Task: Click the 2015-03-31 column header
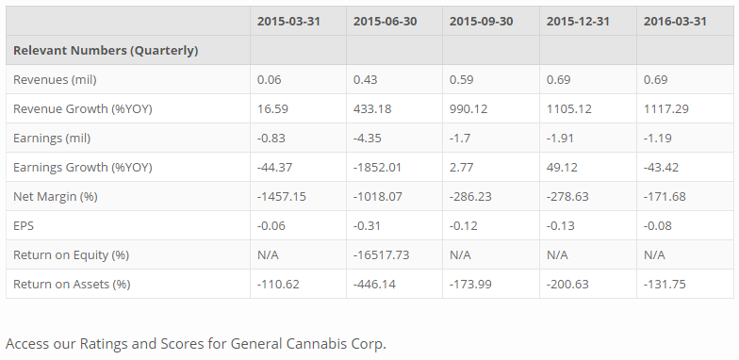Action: click(x=288, y=21)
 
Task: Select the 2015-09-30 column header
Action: click(x=482, y=21)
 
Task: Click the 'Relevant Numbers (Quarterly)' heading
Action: click(x=106, y=50)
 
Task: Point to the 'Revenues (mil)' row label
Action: click(x=54, y=79)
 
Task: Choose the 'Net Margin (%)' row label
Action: click(x=56, y=196)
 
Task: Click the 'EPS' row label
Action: click(x=24, y=225)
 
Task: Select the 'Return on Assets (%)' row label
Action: click(x=72, y=284)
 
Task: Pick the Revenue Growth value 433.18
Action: click(x=372, y=108)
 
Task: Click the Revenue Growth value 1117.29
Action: click(x=665, y=108)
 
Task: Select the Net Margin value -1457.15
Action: click(x=282, y=196)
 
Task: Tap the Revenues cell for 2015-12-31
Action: click(x=559, y=79)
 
